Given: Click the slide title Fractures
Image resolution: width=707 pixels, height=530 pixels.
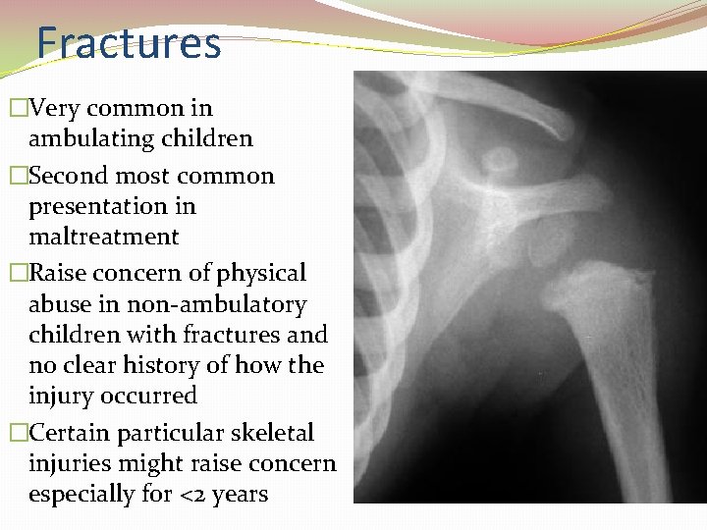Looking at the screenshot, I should point(129,44).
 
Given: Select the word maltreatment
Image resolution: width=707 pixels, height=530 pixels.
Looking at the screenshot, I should point(104,237).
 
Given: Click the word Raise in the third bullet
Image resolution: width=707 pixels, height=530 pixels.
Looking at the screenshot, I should point(58,273).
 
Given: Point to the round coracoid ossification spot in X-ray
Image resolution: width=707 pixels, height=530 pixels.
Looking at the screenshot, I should point(502,158).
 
